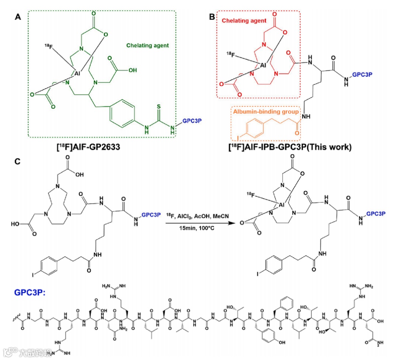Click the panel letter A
[x=17, y=17]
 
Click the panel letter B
[x=211, y=17]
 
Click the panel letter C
[x=17, y=162]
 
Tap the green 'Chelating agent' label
[x=147, y=46]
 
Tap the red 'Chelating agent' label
[x=244, y=21]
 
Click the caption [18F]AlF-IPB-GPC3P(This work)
[x=290, y=147]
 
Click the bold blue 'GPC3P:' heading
[x=30, y=292]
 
